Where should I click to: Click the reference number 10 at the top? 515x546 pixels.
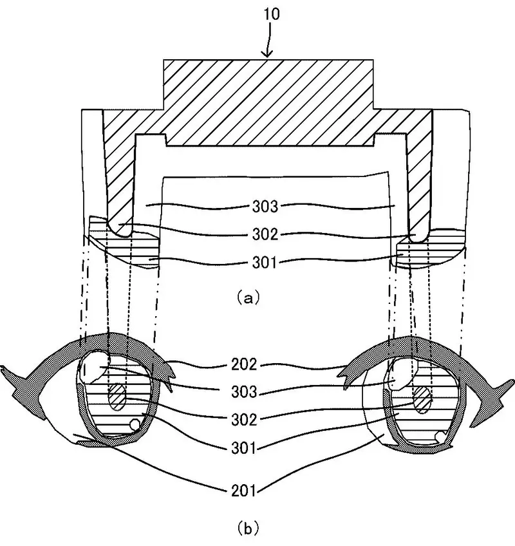click(x=271, y=14)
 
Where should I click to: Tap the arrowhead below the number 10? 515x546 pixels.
click(x=267, y=53)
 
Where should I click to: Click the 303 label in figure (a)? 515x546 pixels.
click(x=265, y=207)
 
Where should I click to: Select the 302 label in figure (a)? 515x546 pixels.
click(x=265, y=234)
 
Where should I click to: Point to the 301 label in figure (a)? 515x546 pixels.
click(x=265, y=262)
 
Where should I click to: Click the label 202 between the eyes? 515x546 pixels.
click(x=244, y=364)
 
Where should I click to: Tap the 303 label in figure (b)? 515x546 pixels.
click(x=244, y=391)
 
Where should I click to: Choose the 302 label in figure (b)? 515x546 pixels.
click(x=244, y=420)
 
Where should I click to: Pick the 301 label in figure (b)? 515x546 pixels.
click(x=244, y=447)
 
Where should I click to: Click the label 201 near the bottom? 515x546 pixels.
click(x=244, y=491)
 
